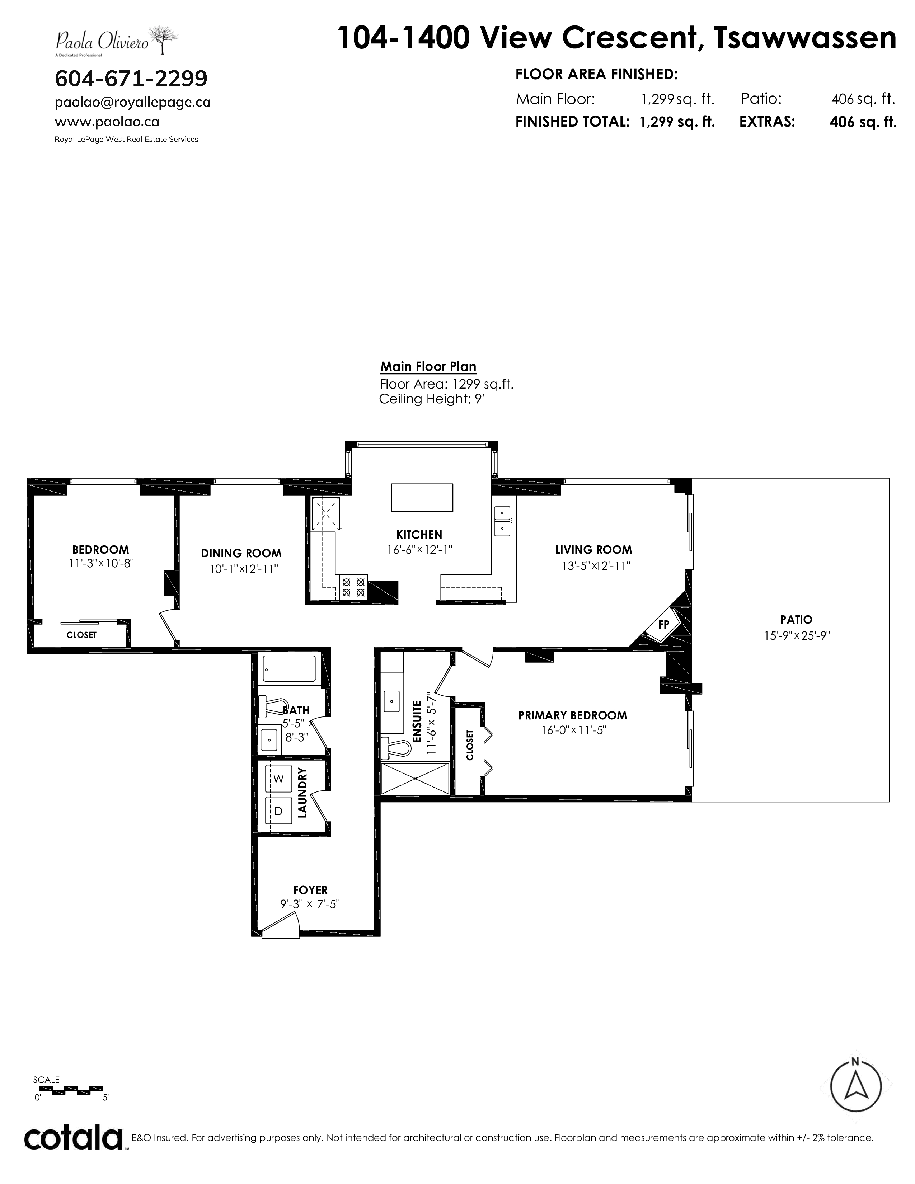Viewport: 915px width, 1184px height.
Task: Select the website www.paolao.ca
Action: [x=107, y=122]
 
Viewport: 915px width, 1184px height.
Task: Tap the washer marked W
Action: [x=278, y=779]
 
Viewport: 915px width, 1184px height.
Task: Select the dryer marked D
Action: [x=278, y=811]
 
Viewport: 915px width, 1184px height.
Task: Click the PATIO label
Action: [x=796, y=619]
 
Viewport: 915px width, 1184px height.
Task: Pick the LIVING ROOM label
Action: [x=593, y=550]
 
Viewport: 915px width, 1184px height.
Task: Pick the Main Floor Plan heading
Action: [x=428, y=366]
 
